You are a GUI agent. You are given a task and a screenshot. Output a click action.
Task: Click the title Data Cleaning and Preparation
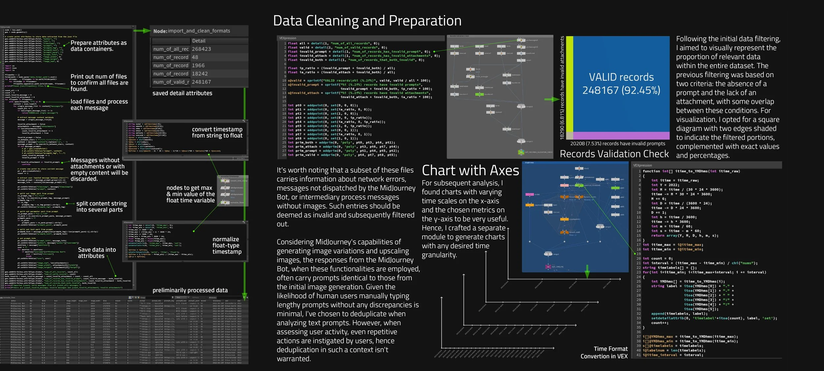367,21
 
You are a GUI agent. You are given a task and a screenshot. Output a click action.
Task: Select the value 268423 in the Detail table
201,49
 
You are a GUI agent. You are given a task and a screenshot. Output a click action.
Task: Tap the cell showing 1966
198,66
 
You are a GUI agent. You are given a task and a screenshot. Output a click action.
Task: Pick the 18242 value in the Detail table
200,74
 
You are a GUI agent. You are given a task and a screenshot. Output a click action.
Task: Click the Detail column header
198,41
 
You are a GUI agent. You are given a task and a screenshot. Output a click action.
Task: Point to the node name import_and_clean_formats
199,31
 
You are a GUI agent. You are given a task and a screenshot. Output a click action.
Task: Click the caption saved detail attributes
182,93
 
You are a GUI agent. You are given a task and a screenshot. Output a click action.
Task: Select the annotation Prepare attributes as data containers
98,46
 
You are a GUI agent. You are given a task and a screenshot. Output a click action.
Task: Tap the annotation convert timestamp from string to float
217,132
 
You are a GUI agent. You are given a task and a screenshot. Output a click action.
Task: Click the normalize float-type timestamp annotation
227,245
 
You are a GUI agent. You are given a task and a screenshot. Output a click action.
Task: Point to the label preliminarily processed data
190,290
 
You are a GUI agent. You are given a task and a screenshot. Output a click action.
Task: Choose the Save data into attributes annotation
97,253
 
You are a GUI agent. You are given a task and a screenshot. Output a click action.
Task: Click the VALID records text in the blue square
621,84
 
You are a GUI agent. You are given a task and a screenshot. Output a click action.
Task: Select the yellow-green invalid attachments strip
569,87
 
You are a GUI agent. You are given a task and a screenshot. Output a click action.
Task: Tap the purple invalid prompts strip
621,135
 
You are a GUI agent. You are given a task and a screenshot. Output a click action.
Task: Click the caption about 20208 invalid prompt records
617,144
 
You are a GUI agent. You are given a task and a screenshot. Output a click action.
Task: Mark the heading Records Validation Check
614,154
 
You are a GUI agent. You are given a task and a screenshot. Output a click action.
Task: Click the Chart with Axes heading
470,171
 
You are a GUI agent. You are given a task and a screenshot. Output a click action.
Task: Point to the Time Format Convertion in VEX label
604,352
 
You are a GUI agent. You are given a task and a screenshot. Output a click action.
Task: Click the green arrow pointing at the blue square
551,99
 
